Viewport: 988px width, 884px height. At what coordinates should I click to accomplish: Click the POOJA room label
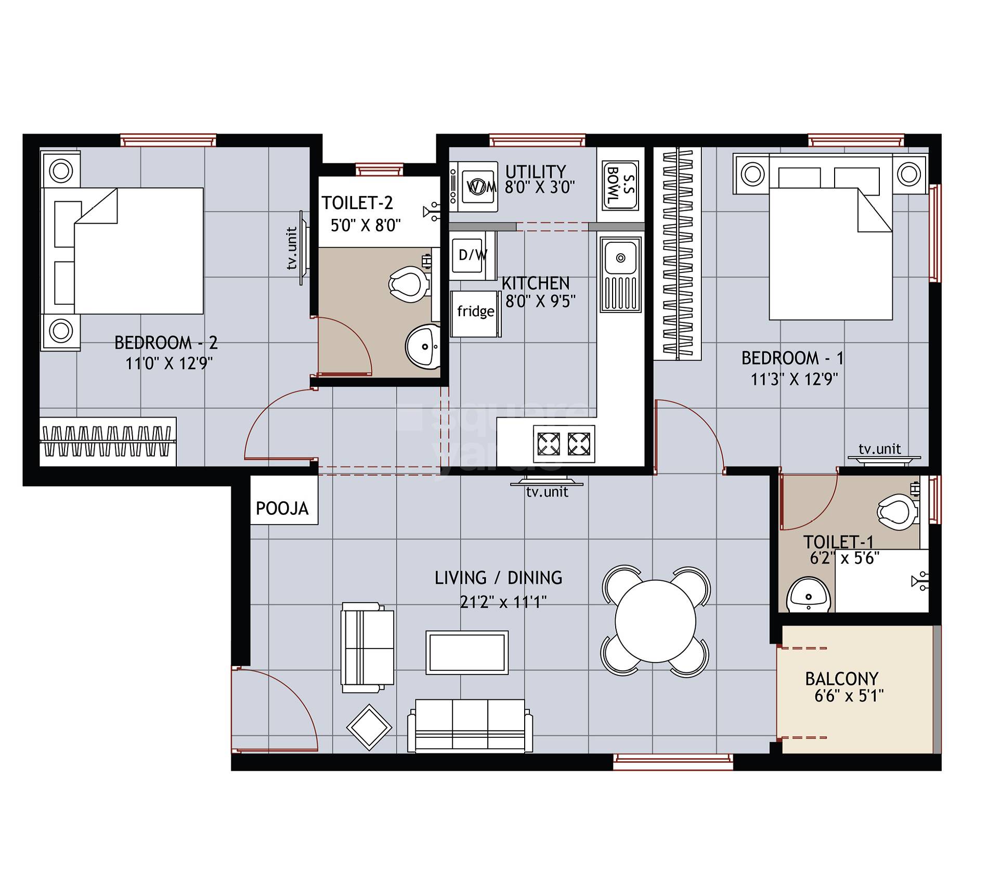pyautogui.click(x=282, y=508)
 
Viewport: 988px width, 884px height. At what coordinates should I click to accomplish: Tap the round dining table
pyautogui.click(x=655, y=621)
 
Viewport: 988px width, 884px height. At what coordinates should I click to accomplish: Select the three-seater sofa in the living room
pyautogui.click(x=470, y=725)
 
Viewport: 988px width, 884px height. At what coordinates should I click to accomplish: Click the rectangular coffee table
pyautogui.click(x=467, y=652)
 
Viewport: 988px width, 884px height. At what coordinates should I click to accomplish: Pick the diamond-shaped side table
pyautogui.click(x=369, y=727)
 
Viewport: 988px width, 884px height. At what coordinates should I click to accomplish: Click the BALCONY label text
pyautogui.click(x=841, y=679)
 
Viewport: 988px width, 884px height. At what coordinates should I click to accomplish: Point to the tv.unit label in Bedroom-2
pyautogui.click(x=292, y=248)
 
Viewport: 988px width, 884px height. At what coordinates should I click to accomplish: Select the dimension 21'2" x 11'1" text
pyautogui.click(x=503, y=602)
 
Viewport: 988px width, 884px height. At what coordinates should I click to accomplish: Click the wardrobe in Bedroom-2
pyautogui.click(x=108, y=441)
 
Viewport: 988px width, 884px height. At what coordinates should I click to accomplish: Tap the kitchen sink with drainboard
pyautogui.click(x=620, y=274)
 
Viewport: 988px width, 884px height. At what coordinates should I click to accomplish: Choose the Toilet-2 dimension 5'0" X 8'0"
pyautogui.click(x=366, y=226)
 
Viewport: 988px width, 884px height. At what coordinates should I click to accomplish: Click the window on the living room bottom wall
pyautogui.click(x=673, y=763)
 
